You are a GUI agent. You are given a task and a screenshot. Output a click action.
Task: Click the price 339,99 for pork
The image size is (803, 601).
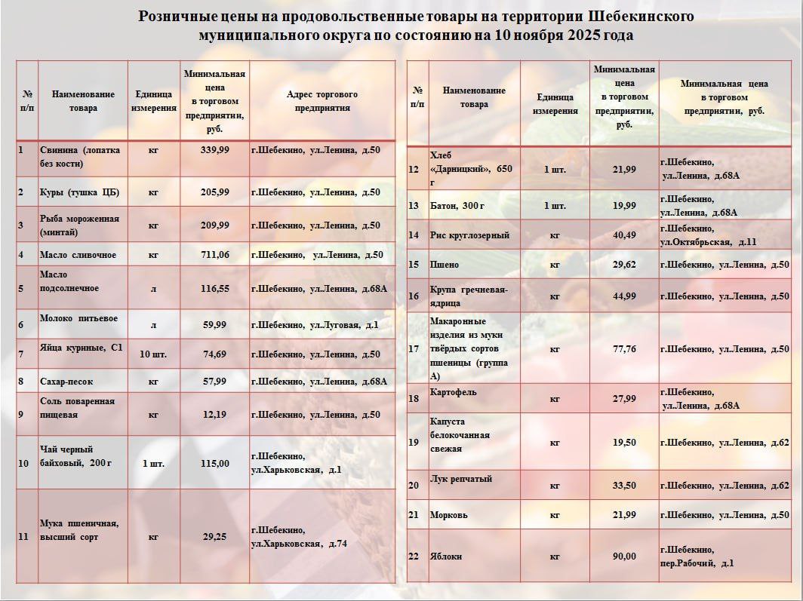[x=214, y=150]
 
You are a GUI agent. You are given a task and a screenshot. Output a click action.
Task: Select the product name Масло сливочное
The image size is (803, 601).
[x=78, y=255]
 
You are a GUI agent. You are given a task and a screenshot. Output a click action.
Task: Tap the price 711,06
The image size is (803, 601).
[x=214, y=255]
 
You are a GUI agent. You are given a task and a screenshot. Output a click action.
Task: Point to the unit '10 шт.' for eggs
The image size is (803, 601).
[x=153, y=354]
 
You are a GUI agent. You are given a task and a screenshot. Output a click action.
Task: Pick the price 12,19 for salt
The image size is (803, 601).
[x=214, y=415]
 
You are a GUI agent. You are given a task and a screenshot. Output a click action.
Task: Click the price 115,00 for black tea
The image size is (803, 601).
[x=214, y=463]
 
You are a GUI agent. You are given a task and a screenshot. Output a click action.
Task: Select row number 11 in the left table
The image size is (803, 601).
[x=24, y=537]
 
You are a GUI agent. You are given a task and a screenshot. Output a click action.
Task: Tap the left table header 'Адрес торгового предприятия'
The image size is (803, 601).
[x=322, y=101]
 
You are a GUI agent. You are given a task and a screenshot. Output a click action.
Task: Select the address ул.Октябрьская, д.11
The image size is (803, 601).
[x=707, y=242]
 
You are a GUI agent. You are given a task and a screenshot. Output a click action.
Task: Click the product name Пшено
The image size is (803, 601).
[x=444, y=265]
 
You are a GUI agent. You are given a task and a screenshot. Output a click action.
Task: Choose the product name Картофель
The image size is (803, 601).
[x=453, y=392]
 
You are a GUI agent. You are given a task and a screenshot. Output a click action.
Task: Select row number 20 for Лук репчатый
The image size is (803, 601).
[x=413, y=485]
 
